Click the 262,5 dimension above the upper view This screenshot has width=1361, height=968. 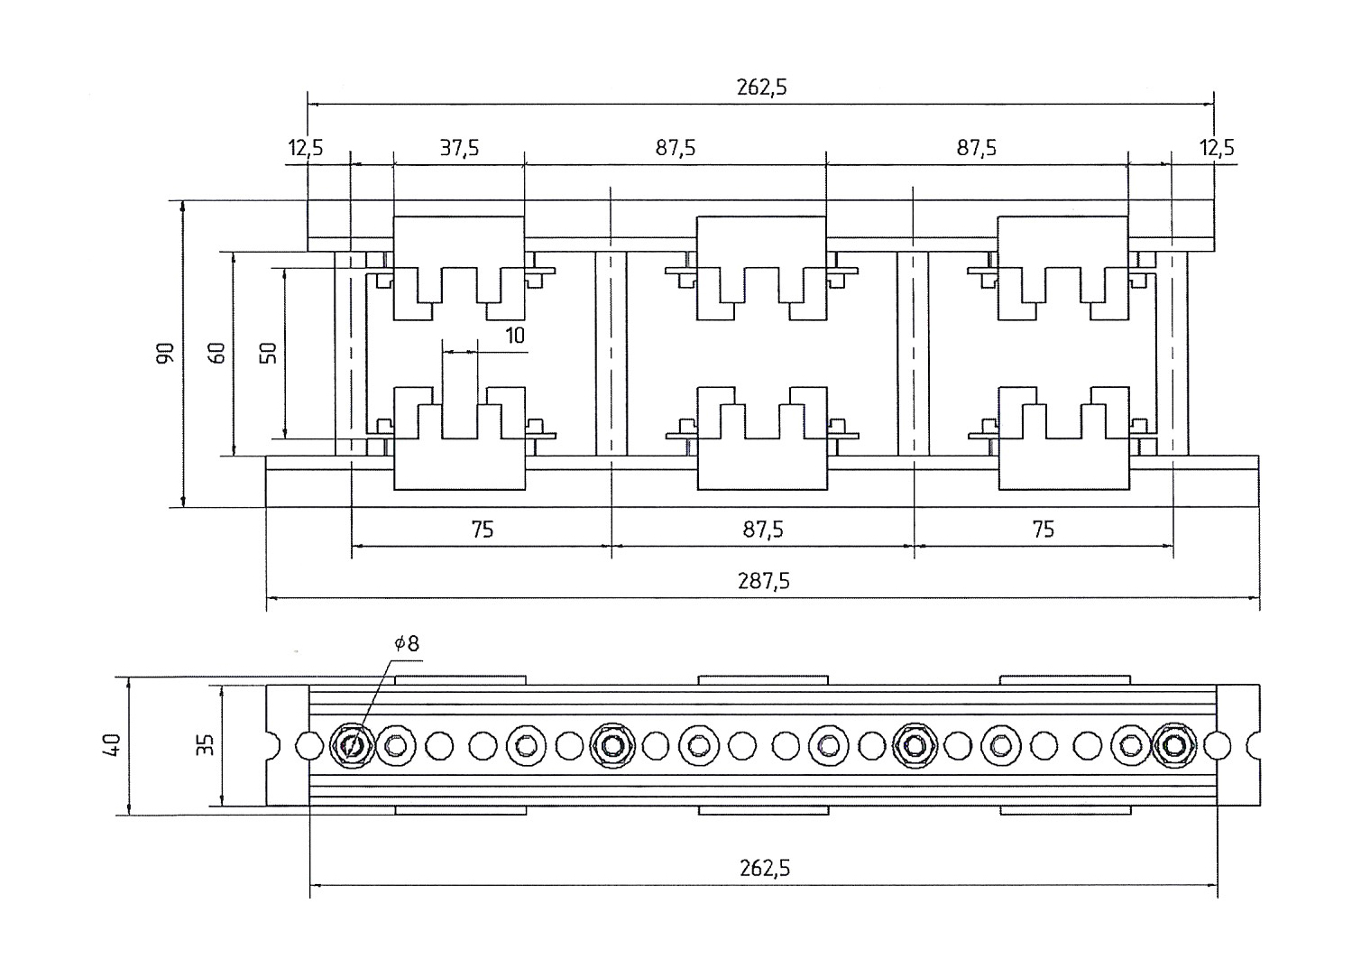[x=762, y=88]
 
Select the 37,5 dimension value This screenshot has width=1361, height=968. [x=459, y=148]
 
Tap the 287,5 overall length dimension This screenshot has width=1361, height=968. [x=764, y=582]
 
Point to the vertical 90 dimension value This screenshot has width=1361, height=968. [x=165, y=353]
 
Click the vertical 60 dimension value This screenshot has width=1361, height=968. [x=216, y=353]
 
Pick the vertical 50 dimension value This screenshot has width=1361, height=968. [x=268, y=353]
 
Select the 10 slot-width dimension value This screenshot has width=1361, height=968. [x=515, y=336]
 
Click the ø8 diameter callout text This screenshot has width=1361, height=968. [x=407, y=643]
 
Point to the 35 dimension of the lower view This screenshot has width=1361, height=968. [x=207, y=744]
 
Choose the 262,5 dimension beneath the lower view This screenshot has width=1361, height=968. [x=765, y=869]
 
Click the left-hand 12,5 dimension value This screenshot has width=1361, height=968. [x=305, y=148]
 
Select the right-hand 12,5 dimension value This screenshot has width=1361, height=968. [x=1217, y=148]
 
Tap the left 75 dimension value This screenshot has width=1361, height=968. [x=483, y=530]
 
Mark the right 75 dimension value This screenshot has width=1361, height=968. [x=1044, y=530]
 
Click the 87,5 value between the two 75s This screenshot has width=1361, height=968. [x=763, y=530]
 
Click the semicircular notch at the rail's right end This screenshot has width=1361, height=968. [x=1254, y=745]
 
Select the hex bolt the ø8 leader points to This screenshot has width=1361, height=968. [x=352, y=745]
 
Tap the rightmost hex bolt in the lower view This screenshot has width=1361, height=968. [x=1174, y=745]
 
